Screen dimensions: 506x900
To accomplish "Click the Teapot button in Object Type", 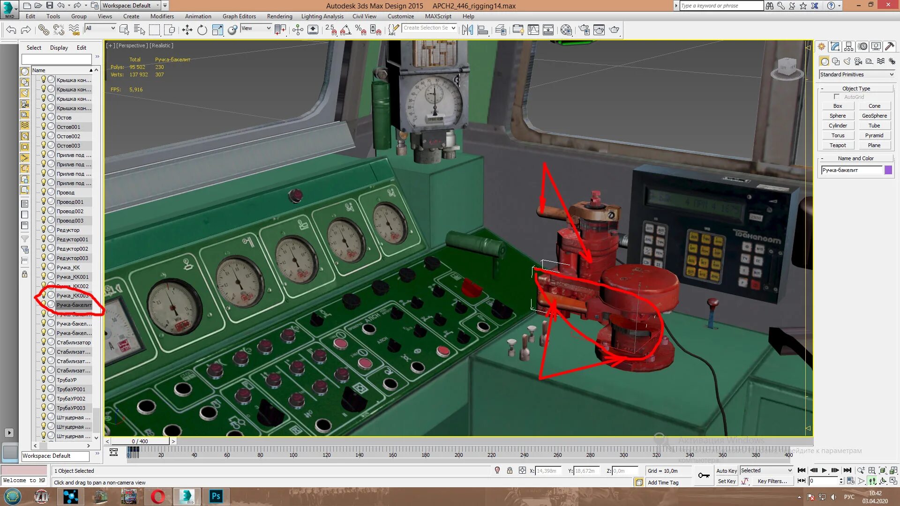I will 838,145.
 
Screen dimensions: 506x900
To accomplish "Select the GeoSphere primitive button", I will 874,116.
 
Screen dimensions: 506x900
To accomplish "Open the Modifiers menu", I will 162,16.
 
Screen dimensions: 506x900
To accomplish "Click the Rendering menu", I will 279,16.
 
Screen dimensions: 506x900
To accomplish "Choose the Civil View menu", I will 364,16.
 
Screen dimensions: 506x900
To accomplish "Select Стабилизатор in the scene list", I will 74,342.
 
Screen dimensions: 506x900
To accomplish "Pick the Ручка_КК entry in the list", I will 68,268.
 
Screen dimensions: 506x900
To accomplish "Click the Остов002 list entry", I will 68,136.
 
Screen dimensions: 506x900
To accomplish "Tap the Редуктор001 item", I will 72,239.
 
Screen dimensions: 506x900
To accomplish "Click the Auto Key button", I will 726,471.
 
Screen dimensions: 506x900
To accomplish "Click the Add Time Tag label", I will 663,483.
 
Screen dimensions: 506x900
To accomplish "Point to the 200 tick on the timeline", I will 458,455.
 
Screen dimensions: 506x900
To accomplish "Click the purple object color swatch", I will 888,170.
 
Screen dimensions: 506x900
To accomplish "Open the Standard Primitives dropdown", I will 856,74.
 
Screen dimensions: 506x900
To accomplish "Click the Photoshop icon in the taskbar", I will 216,496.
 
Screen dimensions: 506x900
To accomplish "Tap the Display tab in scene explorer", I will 59,48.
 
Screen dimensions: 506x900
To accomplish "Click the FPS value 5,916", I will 136,89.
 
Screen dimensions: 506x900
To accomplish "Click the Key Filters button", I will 772,481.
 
